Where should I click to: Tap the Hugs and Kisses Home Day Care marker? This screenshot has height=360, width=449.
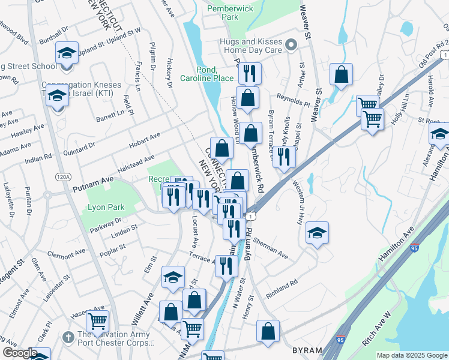(x=291, y=45)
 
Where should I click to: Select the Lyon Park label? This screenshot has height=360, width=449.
(x=106, y=207)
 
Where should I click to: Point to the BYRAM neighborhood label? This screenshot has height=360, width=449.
(x=307, y=350)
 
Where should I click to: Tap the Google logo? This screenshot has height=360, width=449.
(x=19, y=353)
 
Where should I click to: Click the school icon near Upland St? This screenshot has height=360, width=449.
(x=67, y=52)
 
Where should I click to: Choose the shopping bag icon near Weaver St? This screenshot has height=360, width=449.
(x=341, y=75)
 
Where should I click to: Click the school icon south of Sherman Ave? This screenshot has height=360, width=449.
(x=317, y=233)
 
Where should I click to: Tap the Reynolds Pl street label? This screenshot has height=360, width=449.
(x=293, y=100)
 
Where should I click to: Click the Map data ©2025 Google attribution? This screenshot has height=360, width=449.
(x=412, y=355)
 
